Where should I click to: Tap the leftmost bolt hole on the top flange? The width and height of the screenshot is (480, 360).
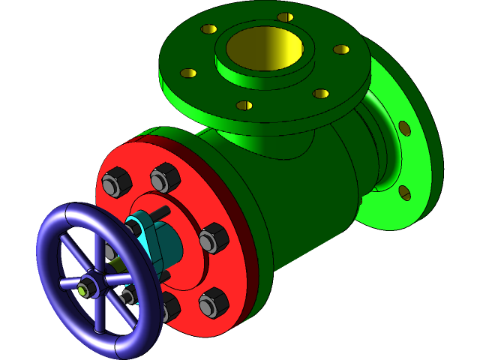pos(188,73)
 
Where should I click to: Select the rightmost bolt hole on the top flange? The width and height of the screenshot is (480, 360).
pos(341,49)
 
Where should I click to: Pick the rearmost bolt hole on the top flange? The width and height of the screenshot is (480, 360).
pos(285,16)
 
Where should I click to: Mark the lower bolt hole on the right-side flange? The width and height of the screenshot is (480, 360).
pos(404,193)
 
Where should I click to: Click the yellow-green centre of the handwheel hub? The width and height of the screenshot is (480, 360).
pos(81,286)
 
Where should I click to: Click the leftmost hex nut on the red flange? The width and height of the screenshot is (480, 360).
pos(113,183)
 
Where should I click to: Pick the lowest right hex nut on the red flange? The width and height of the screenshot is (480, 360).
pos(212,301)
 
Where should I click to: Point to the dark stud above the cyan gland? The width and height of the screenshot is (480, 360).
pos(160,213)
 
